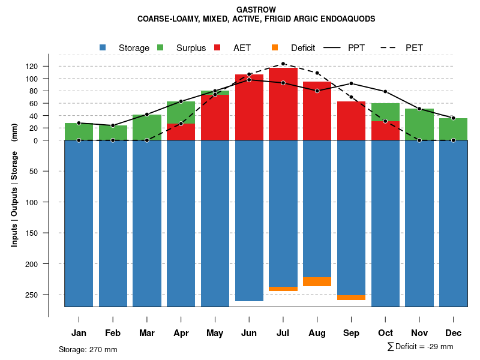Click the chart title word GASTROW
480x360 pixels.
pos(256,10)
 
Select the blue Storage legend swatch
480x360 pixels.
pos(103,47)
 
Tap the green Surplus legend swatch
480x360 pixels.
pos(160,47)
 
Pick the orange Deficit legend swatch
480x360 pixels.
pos(275,47)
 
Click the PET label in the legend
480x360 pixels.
pos(414,48)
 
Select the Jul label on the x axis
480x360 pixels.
pos(283,333)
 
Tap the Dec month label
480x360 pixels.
pos(453,333)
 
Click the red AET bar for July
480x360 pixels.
pos(283,105)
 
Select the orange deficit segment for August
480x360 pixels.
pos(317,281)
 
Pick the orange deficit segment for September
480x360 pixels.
pos(351,298)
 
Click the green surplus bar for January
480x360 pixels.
pos(79,131)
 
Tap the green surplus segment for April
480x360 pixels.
pos(181,112)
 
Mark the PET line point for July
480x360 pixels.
pos(283,64)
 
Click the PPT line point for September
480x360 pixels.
pos(351,83)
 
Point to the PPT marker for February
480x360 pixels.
pos(113,125)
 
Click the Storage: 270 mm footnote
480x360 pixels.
pos(88,349)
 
